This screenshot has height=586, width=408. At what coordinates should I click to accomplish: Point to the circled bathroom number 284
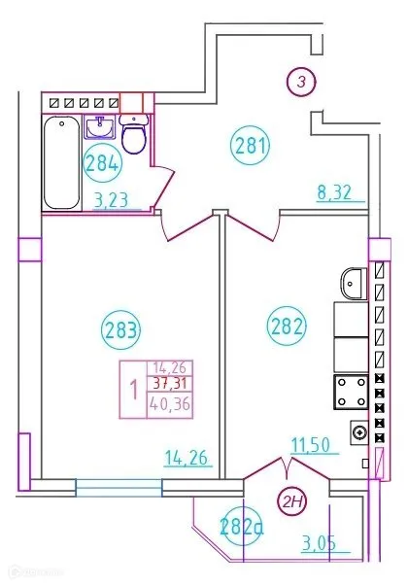coord(101,163)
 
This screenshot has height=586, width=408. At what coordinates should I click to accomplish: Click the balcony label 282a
coord(242,528)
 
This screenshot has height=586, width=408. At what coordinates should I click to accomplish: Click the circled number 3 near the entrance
coord(300,83)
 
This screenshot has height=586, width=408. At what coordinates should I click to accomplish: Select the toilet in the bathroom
coord(137,137)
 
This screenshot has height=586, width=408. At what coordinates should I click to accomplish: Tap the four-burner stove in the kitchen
coord(349,392)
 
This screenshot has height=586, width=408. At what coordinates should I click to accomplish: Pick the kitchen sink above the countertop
coord(353,285)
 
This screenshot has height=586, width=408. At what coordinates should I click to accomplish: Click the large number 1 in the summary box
coord(133,387)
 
